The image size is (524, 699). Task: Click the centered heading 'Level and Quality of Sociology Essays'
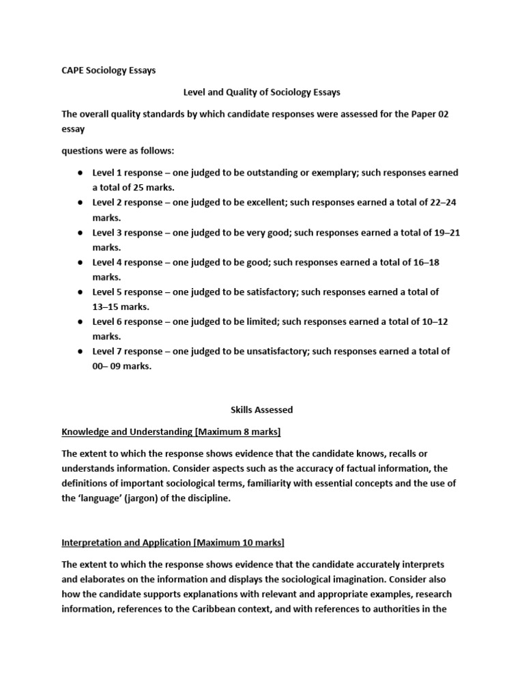coord(261,91)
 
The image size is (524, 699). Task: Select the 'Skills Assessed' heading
coord(261,410)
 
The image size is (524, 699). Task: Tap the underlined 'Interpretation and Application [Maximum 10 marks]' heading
coord(173,542)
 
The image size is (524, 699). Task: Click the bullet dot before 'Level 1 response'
coord(80,173)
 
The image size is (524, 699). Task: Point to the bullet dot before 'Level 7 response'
coord(80,352)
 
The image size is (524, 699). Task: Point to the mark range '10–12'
coord(435,322)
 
